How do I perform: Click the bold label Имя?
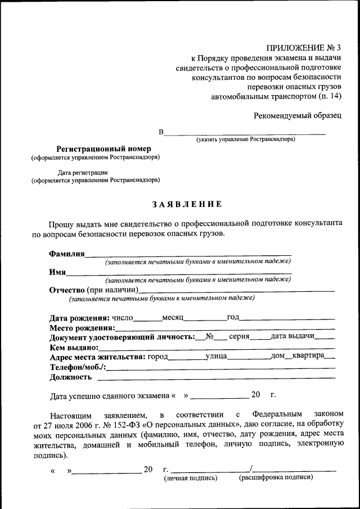[57, 272]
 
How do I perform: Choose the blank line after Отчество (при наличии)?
[236, 290]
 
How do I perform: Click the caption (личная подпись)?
[190, 478]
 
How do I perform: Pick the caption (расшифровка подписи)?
[276, 478]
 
